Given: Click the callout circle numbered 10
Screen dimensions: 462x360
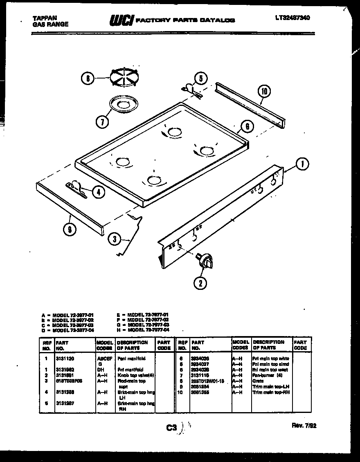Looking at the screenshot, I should pyautogui.click(x=264, y=92).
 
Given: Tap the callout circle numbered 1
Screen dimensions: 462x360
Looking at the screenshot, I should pyautogui.click(x=302, y=164).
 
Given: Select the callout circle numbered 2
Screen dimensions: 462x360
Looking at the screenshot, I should pyautogui.click(x=200, y=283).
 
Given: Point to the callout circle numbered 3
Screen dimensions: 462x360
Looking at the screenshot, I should pyautogui.click(x=115, y=239).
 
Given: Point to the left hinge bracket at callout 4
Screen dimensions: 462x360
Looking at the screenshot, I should pyautogui.click(x=77, y=189).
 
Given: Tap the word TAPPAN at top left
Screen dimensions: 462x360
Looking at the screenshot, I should pyautogui.click(x=45, y=18).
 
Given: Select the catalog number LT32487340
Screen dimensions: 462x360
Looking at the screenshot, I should pyautogui.click(x=292, y=18).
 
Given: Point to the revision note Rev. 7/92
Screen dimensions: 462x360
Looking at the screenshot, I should pyautogui.click(x=304, y=426).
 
